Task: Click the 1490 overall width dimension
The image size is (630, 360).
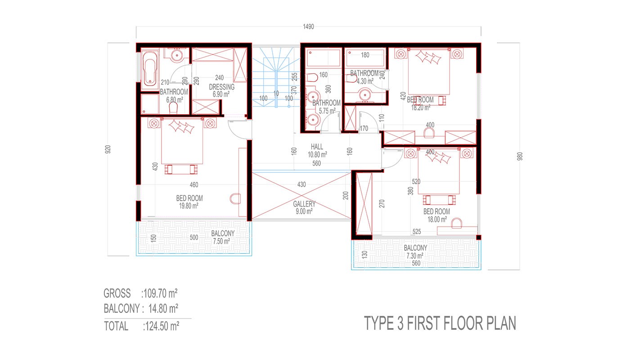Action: [x=308, y=27]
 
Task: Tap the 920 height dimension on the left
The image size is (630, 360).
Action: [x=108, y=149]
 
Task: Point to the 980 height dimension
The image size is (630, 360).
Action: [x=520, y=157]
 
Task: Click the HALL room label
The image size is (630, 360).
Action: [x=317, y=147]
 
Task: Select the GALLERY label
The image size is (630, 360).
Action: [x=304, y=204]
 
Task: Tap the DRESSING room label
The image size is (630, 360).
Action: [x=221, y=87]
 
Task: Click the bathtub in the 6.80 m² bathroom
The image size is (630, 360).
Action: [x=150, y=68]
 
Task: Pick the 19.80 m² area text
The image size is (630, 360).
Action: [x=189, y=206]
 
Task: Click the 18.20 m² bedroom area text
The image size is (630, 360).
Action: [x=421, y=108]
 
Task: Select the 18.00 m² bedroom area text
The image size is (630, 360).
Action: [x=437, y=220]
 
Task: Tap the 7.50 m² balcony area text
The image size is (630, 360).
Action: [x=221, y=241]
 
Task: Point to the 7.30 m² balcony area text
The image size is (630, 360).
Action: [x=415, y=256]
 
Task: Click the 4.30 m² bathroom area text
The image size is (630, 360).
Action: [x=365, y=81]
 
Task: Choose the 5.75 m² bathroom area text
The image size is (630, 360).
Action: [x=327, y=111]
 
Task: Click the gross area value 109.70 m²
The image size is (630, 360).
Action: [x=160, y=293]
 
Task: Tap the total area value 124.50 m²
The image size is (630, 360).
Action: [x=162, y=326]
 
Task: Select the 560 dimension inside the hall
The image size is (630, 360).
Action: [x=316, y=163]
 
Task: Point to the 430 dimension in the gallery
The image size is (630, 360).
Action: [x=301, y=184]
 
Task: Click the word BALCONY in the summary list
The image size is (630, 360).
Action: [x=121, y=309]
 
